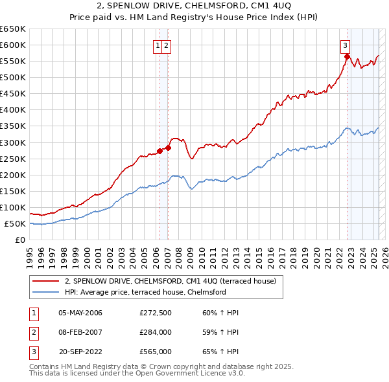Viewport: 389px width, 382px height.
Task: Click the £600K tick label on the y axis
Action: [x=13, y=45]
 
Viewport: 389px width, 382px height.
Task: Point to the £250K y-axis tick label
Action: [x=13, y=159]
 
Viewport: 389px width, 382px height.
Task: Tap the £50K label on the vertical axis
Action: [x=15, y=223]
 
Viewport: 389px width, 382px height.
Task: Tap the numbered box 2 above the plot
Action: [x=167, y=45]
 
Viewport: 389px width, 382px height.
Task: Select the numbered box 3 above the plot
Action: [x=346, y=45]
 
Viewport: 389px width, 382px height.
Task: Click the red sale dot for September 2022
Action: [x=347, y=56]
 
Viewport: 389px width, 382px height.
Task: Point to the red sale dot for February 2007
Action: [x=168, y=148]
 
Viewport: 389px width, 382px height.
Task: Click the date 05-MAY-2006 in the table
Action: [x=80, y=313]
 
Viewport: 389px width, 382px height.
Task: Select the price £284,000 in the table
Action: [x=155, y=333]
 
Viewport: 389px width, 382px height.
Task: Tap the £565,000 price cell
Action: [x=155, y=353]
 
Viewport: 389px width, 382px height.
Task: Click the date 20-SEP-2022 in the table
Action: [x=80, y=353]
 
